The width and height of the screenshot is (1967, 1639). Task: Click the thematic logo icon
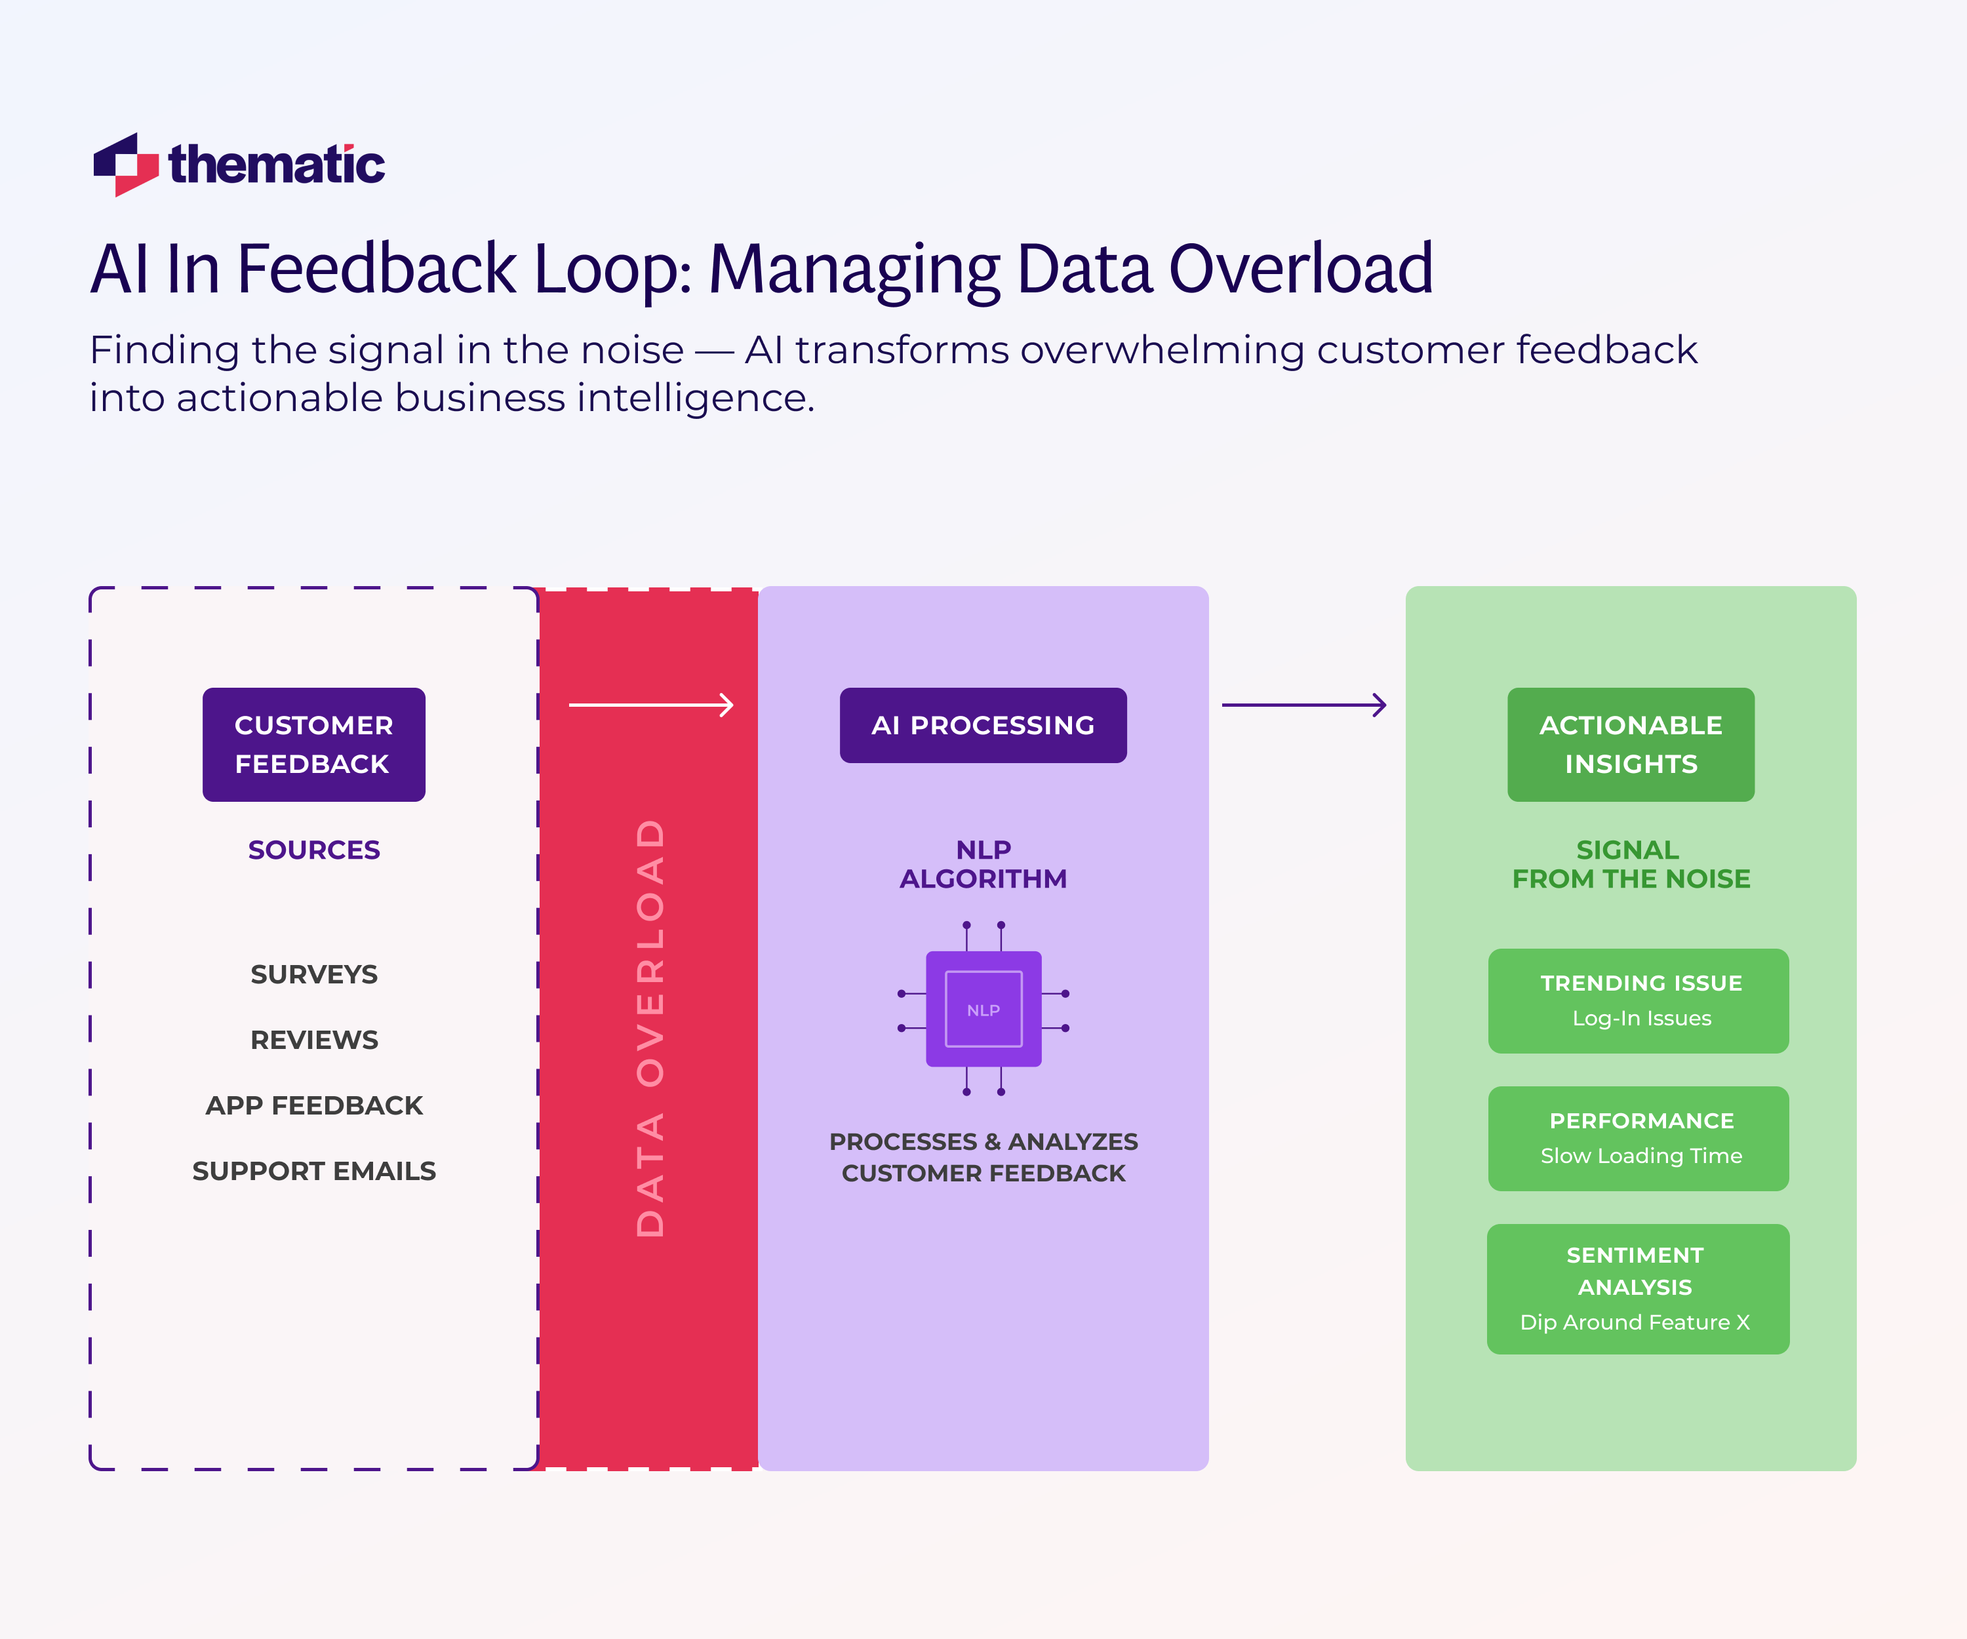[125, 165]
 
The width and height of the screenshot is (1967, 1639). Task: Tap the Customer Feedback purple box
[314, 745]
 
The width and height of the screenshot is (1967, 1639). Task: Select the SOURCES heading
[314, 850]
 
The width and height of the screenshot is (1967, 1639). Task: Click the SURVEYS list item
[314, 974]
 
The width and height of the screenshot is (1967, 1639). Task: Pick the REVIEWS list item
[314, 1040]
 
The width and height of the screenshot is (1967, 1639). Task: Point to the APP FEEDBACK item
[314, 1105]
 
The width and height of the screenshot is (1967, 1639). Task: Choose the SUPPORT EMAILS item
[314, 1171]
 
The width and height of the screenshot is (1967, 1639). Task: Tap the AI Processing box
[983, 725]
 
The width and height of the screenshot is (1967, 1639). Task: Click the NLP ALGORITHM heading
[983, 863]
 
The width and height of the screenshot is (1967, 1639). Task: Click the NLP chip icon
[983, 1009]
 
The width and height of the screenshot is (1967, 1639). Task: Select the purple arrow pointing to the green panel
[1304, 704]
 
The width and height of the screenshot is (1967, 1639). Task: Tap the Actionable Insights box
[1630, 745]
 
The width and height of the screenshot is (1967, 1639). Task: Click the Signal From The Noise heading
[1630, 863]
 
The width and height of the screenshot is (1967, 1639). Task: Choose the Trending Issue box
[1639, 1000]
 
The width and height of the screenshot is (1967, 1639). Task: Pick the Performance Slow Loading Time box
[1639, 1138]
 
